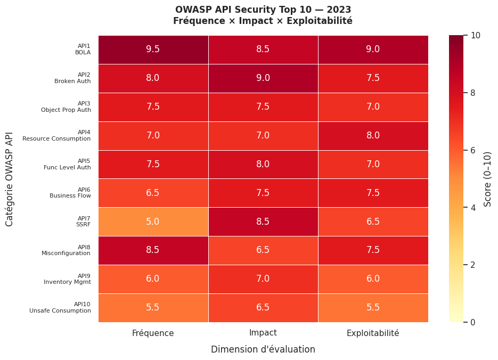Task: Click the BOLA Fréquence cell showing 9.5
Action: (153, 50)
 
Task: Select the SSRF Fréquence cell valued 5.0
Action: (153, 222)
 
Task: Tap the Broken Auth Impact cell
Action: (263, 78)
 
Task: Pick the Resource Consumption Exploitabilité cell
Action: (373, 136)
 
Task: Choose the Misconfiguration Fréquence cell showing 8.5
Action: (153, 250)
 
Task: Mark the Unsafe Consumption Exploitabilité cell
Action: (373, 308)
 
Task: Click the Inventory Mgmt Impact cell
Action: (263, 279)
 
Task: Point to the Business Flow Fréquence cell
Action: (153, 193)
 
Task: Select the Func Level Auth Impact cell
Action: (263, 164)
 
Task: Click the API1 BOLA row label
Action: (83, 50)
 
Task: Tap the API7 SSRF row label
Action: (83, 222)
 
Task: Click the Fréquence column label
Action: (153, 333)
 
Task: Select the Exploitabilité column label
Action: (373, 333)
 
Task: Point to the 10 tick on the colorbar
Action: (476, 36)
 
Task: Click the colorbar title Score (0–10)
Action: (488, 179)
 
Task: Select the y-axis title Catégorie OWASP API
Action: (10, 179)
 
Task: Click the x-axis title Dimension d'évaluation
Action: (263, 350)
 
